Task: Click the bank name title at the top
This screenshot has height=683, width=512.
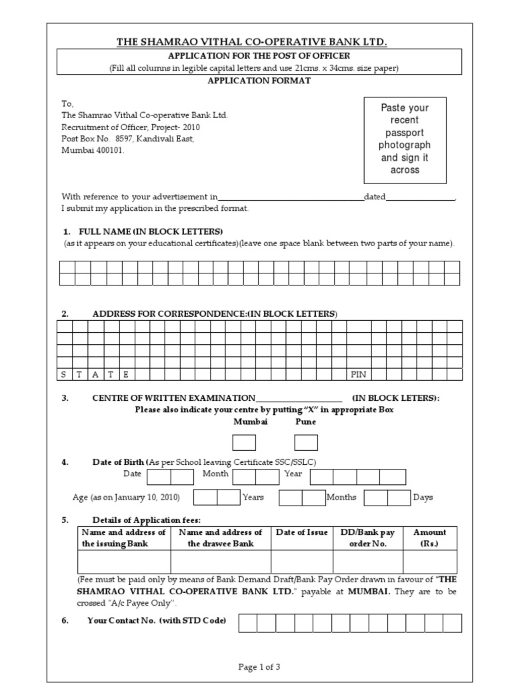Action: [x=252, y=42]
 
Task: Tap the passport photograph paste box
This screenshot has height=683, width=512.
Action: [x=405, y=139]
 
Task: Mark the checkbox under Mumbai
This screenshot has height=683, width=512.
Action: [x=243, y=442]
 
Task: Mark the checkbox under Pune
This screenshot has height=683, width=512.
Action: [x=306, y=442]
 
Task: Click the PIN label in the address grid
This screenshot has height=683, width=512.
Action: [x=359, y=374]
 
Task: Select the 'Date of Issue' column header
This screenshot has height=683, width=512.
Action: [x=301, y=532]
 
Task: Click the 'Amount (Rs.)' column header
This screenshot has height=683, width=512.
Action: [x=429, y=538]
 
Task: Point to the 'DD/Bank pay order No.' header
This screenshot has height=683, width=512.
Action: [x=368, y=538]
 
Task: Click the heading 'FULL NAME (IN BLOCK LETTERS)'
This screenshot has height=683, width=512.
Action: [x=151, y=231]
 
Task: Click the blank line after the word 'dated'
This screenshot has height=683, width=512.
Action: [x=421, y=198]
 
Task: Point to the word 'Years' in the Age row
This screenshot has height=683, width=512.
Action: [x=253, y=497]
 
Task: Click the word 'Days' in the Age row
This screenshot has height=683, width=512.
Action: [x=423, y=497]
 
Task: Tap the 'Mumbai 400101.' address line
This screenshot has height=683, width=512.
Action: [x=93, y=151]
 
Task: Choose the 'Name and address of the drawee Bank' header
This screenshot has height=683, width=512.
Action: [x=221, y=538]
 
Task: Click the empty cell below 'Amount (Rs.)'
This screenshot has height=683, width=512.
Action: [x=429, y=562]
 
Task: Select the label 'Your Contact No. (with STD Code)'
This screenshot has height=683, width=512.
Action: [x=157, y=621]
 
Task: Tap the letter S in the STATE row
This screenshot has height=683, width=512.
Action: [x=64, y=374]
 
